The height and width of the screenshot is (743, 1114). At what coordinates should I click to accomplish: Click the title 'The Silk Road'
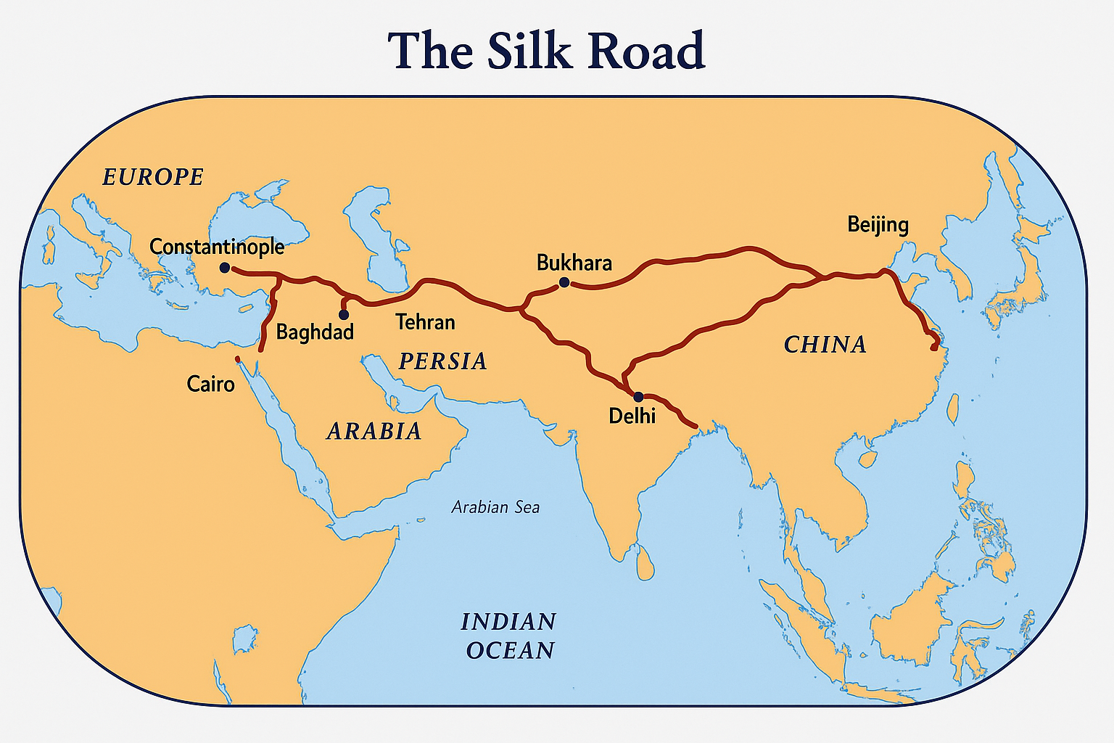(546, 50)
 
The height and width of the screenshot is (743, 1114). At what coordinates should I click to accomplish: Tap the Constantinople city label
(217, 247)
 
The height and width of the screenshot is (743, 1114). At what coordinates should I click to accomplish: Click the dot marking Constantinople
(225, 268)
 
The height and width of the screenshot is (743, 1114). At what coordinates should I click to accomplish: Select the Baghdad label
(315, 332)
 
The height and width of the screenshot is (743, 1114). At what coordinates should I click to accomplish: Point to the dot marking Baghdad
(344, 315)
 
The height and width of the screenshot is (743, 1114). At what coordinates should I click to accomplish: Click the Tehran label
(425, 321)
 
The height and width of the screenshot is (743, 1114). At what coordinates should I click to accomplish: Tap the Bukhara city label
(574, 263)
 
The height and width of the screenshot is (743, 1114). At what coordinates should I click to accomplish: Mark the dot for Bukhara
(564, 282)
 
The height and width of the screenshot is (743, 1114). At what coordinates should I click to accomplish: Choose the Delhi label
(632, 416)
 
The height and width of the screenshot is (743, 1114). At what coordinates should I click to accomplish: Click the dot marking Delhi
(638, 397)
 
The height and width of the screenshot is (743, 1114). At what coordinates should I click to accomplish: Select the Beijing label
(878, 224)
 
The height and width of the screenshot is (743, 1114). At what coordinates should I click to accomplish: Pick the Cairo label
(210, 383)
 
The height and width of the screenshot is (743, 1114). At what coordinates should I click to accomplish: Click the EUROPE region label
(153, 177)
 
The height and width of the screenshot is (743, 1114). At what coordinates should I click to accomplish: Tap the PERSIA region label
(442, 361)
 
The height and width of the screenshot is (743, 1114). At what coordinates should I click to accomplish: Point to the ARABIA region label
(374, 432)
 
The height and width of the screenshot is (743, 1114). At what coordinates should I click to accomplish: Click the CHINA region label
(825, 344)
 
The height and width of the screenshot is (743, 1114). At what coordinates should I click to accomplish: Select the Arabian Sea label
(495, 507)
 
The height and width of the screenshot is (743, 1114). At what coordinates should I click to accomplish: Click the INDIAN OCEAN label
(509, 636)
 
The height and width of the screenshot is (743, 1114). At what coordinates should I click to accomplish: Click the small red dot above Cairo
(237, 358)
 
